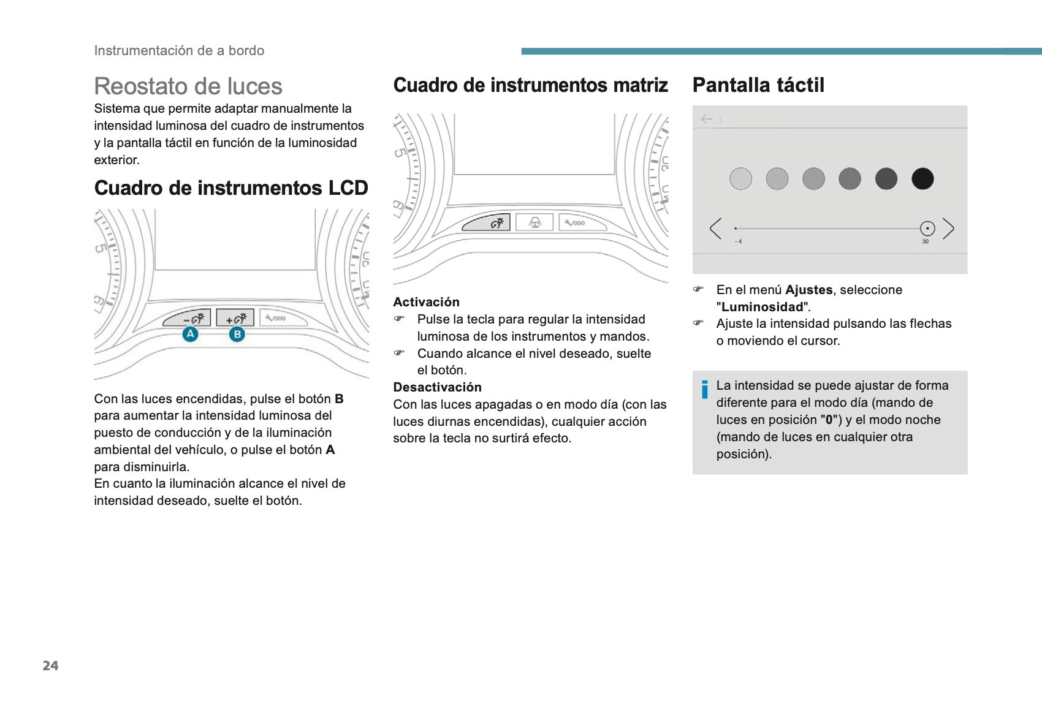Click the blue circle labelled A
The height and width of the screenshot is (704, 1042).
191,334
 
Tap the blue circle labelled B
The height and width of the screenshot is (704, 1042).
237,335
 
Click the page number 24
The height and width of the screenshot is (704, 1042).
50,666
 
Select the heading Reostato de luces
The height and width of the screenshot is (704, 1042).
188,86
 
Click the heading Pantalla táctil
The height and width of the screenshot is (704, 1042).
758,85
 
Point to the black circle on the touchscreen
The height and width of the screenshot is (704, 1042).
922,179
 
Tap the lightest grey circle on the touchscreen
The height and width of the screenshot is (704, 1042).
740,179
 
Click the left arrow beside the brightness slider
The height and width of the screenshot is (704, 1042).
715,229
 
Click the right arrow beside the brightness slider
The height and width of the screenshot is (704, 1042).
948,229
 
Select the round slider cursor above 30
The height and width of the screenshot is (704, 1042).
927,229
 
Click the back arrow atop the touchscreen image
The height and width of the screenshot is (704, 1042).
707,119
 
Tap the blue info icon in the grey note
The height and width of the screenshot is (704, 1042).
705,390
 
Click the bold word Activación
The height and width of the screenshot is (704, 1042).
426,302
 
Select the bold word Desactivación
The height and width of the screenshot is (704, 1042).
437,387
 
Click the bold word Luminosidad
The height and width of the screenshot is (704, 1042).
762,307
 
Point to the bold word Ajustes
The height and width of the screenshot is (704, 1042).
808,290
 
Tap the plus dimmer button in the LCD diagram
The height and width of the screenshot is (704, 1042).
235,319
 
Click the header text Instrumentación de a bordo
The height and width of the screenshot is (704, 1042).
179,51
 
